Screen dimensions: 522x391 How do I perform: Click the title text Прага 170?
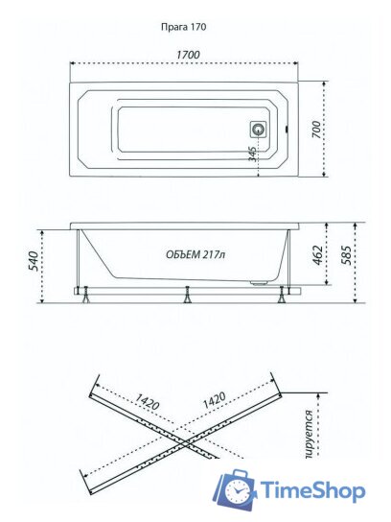(x=184, y=28)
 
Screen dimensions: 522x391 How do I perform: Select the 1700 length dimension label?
(x=188, y=56)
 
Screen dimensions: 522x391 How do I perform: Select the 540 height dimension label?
(x=32, y=260)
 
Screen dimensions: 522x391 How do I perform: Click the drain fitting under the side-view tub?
(x=257, y=282)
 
